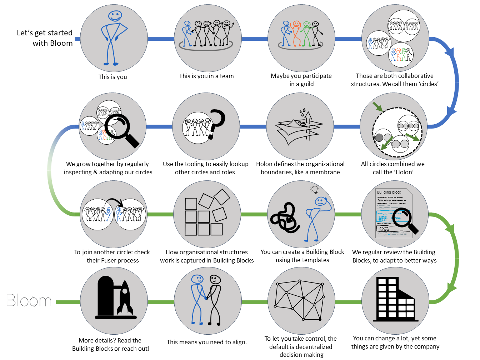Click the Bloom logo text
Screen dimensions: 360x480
[29, 301]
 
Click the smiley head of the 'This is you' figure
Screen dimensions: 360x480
[115, 16]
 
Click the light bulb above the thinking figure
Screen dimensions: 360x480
[315, 189]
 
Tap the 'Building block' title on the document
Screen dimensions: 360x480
[389, 192]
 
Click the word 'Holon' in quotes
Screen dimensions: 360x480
[403, 172]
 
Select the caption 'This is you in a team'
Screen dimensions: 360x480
[206, 76]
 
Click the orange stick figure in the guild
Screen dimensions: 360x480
[296, 34]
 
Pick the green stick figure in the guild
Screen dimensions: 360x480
[306, 34]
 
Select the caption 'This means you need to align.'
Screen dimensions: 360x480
[207, 342]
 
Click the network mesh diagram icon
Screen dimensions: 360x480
[300, 300]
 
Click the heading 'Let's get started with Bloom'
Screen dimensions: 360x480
[45, 38]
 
